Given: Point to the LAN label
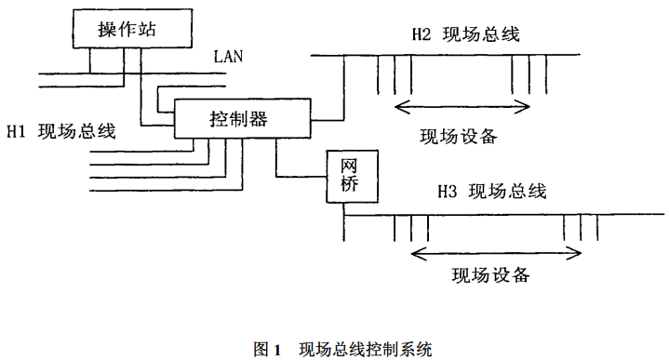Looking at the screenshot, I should pyautogui.click(x=228, y=56).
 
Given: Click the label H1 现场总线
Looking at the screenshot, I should pyautogui.click(x=60, y=131).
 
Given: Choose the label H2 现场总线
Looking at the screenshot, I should pyautogui.click(x=464, y=34).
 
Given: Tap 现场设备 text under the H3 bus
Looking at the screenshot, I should pyautogui.click(x=490, y=274).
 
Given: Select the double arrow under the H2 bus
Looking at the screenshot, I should pyautogui.click(x=462, y=106).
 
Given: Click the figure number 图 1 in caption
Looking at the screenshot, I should pyautogui.click(x=267, y=349).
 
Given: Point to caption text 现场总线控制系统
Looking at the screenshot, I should pyautogui.click(x=366, y=349).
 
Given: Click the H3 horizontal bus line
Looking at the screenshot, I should pyautogui.click(x=484, y=215).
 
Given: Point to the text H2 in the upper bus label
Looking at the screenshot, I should pyautogui.click(x=421, y=34).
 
